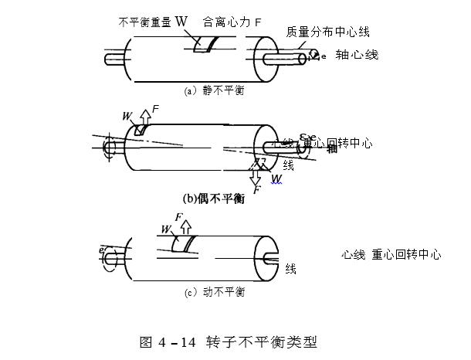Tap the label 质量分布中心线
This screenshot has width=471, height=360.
pyautogui.click(x=327, y=32)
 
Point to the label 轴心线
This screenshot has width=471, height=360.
pyautogui.click(x=357, y=56)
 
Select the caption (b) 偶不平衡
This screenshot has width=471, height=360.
pyautogui.click(x=213, y=199)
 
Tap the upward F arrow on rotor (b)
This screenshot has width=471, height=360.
pyautogui.click(x=145, y=117)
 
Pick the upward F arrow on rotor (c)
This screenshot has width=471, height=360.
pyautogui.click(x=185, y=226)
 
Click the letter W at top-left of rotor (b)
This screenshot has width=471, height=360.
pyautogui.click(x=127, y=116)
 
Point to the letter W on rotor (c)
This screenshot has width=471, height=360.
pyautogui.click(x=165, y=229)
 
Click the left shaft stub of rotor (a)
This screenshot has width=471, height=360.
pyautogui.click(x=115, y=58)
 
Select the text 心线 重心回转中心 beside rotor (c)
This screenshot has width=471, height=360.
pyautogui.click(x=391, y=254)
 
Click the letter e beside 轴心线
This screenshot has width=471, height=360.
pyautogui.click(x=324, y=56)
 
